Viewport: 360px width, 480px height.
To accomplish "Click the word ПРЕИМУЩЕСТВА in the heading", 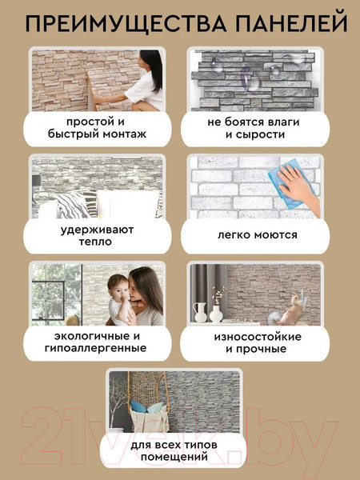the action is click(x=126, y=23).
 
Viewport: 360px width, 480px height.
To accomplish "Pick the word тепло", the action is click(x=95, y=242).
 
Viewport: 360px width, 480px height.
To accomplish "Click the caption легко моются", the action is click(x=257, y=235).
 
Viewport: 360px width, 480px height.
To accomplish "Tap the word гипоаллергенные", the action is click(x=95, y=348).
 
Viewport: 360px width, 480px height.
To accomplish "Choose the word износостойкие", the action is click(x=258, y=337).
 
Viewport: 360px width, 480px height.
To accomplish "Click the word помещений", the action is click(x=174, y=458).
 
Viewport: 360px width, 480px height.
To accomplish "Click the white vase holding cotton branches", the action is click(x=215, y=313).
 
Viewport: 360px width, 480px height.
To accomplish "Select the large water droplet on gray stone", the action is click(x=249, y=79).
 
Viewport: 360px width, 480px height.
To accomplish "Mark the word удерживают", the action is click(x=97, y=230).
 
